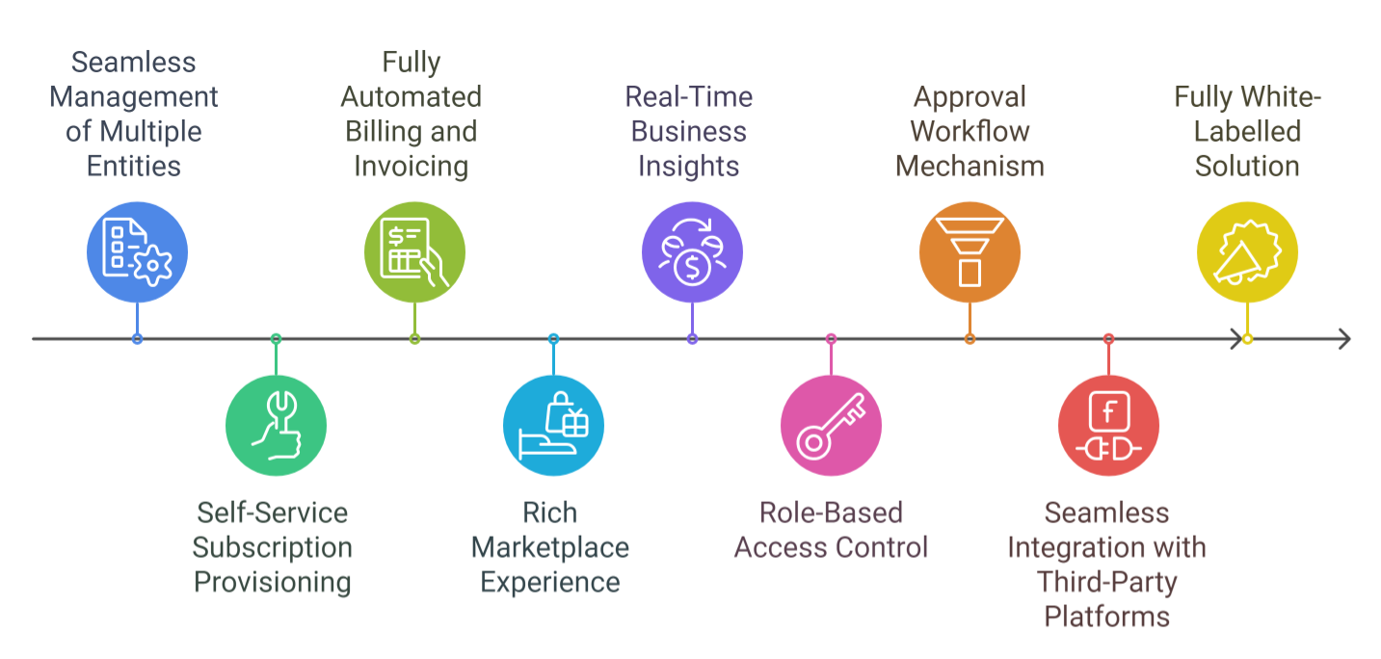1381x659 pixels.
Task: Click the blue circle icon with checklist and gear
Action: tap(137, 252)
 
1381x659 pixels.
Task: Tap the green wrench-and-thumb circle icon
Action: tap(276, 425)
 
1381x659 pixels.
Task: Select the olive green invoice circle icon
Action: tap(414, 252)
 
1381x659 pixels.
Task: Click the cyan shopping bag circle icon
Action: tap(553, 425)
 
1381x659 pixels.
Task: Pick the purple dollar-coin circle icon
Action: tap(692, 252)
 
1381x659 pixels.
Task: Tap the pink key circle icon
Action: tap(831, 425)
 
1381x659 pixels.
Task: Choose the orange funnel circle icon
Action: tap(969, 252)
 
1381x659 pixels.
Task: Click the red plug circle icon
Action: tap(1108, 425)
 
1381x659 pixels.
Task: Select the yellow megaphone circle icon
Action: tap(1247, 252)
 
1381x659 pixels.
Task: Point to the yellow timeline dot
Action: tap(1247, 339)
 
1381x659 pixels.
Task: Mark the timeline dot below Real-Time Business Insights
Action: tap(692, 339)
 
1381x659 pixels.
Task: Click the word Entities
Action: tap(134, 166)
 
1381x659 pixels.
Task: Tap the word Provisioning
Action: tap(273, 582)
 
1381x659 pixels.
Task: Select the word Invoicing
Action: tap(411, 166)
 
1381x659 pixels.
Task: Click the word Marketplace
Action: tap(550, 547)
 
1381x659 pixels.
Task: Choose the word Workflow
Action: tap(969, 131)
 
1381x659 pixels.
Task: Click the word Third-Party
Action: tap(1106, 582)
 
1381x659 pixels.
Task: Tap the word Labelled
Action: tap(1247, 131)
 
